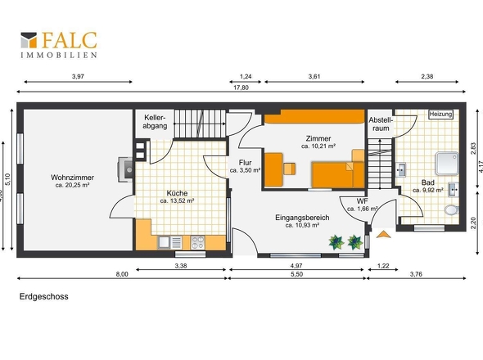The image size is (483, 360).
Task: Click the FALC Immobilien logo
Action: pos(59,45)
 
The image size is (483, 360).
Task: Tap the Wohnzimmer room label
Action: pos(72,178)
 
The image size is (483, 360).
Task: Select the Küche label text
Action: pos(177,193)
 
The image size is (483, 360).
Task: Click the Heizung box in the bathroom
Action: pos(440,115)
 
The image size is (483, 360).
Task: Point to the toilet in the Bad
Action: pos(452,210)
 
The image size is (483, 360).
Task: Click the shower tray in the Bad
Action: pos(447,164)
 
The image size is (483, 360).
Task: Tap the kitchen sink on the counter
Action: pos(164,242)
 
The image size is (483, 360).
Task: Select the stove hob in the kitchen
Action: pos(198,242)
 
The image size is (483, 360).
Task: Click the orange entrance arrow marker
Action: pos(383,234)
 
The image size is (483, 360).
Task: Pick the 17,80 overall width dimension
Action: pos(241,88)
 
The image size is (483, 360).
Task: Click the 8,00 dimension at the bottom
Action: pos(122,274)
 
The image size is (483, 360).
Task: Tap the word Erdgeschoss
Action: pos(44,296)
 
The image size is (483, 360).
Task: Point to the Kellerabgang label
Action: pos(155,122)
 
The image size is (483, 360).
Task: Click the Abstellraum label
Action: pos(381,124)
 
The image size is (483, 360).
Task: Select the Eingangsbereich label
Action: pos(302,218)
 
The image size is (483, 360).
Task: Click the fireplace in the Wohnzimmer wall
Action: pos(126,169)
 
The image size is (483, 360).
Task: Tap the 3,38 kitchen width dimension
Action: pos(181,266)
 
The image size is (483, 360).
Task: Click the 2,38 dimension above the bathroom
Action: pos(427,76)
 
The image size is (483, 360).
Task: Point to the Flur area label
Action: pos(246,163)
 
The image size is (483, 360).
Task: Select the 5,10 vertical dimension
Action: pos(8,179)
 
